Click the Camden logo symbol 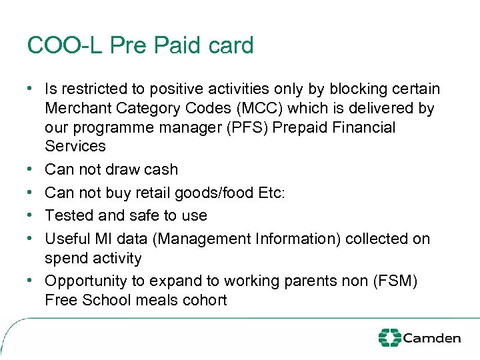390,338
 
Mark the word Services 75,146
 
